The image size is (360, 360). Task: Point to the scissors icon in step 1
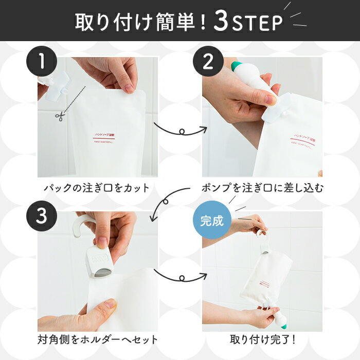pyautogui.click(x=59, y=117)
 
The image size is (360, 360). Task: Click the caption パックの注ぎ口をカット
pyautogui.click(x=97, y=188)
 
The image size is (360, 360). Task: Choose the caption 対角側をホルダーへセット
pyautogui.click(x=97, y=340)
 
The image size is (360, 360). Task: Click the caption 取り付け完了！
pyautogui.click(x=262, y=340)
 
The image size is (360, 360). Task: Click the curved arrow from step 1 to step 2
pyautogui.click(x=179, y=130)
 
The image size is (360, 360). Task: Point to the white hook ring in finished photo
pyautogui.click(x=262, y=238)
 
